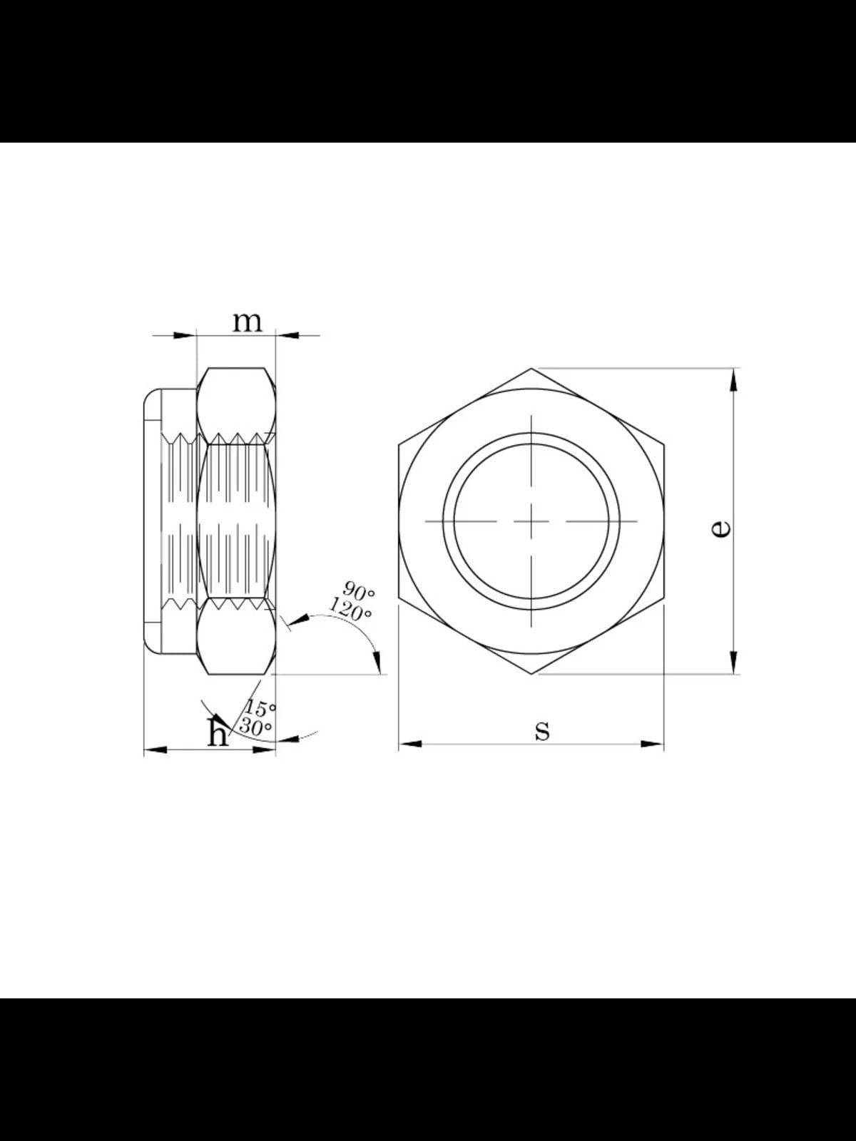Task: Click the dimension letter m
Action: pos(247,323)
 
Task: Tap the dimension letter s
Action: pos(542,730)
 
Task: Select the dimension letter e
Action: pos(720,529)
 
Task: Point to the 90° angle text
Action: pos(359,590)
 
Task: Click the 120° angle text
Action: pos(350,609)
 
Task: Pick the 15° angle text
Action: pos(260,707)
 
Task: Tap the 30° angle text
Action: pos(255,727)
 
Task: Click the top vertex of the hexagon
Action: pos(531,369)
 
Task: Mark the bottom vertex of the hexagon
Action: pos(531,675)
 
